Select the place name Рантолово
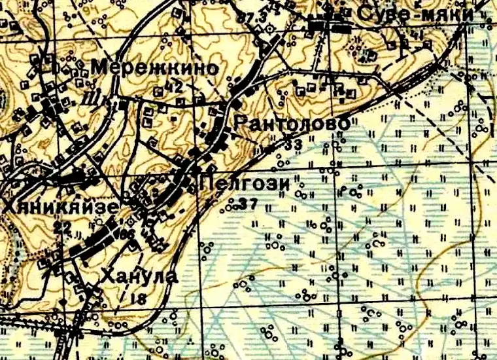pos(290,123)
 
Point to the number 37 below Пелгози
pos(248,204)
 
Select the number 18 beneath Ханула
pos(138,298)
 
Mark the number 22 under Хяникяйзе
pos(63,226)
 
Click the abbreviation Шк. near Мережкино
pos(104,101)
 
